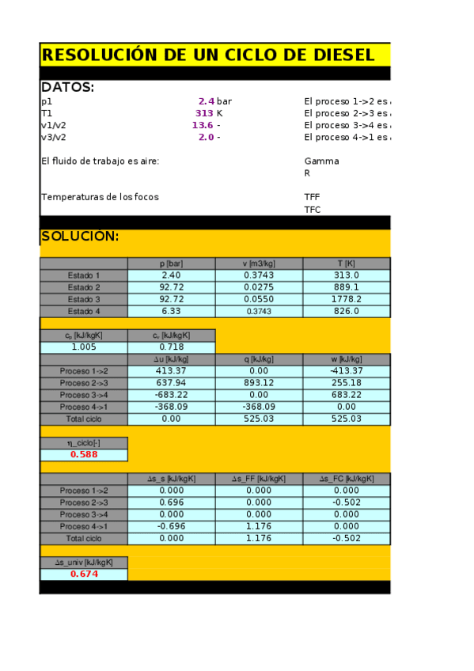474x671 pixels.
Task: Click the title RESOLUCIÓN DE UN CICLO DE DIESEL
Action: [x=207, y=55]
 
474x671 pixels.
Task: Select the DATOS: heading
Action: [x=67, y=88]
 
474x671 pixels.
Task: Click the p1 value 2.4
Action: [x=206, y=101]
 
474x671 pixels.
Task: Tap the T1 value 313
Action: [x=204, y=113]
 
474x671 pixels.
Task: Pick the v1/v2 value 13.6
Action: [x=203, y=125]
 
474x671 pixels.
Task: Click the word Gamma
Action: [x=321, y=161]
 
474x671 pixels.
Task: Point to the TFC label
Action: [x=313, y=210]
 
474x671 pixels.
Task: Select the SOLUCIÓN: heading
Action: [x=80, y=237]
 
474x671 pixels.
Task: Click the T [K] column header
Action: [x=347, y=263]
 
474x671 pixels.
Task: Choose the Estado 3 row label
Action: [x=84, y=299]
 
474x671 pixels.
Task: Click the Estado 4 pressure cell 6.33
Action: [x=172, y=311]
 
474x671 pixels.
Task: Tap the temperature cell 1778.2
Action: [x=347, y=299]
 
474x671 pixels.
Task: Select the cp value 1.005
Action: [x=84, y=347]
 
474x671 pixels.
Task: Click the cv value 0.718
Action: [x=172, y=347]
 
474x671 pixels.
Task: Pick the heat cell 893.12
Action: [x=259, y=383]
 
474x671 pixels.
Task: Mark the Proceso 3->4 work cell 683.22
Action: [x=347, y=395]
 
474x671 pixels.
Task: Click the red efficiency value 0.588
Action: [x=84, y=455]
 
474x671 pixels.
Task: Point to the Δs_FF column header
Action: [x=259, y=479]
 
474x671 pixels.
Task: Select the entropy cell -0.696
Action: [x=172, y=526]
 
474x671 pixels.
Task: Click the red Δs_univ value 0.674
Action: [x=84, y=574]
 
